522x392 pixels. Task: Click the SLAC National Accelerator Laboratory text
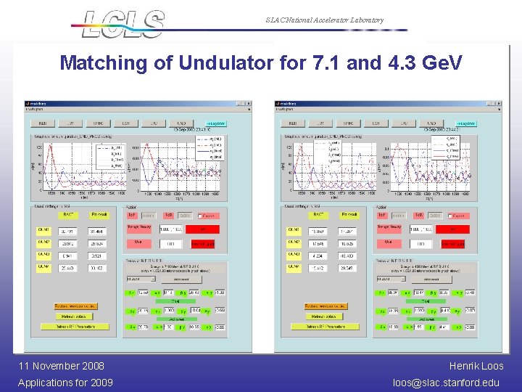pyautogui.click(x=324, y=20)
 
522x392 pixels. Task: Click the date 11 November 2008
pyautogui.click(x=61, y=366)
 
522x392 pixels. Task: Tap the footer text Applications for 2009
pyautogui.click(x=65, y=382)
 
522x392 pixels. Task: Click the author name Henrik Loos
pyautogui.click(x=476, y=366)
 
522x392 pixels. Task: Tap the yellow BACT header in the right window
pyautogui.click(x=318, y=215)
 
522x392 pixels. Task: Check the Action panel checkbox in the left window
pyautogui.click(x=200, y=216)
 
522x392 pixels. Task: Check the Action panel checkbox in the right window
pyautogui.click(x=450, y=216)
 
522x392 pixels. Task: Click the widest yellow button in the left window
pyautogui.click(x=76, y=327)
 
